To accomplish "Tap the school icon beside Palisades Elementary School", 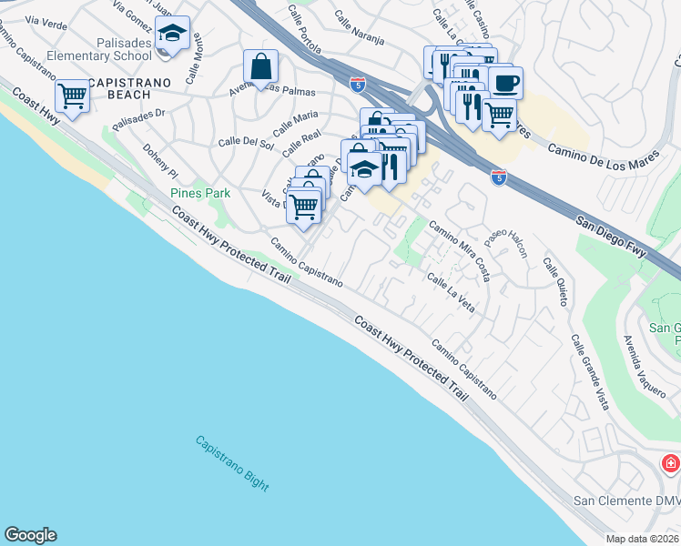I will tap(171, 35).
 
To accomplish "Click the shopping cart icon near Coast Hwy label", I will tap(72, 96).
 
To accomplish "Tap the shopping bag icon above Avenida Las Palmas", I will tap(260, 66).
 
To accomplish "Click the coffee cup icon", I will tap(505, 83).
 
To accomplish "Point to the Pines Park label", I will tap(200, 193).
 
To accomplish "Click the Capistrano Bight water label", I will tap(232, 463).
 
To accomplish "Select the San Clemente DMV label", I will tap(625, 501).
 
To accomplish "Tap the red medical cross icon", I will tap(671, 464).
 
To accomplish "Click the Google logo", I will tap(30, 535).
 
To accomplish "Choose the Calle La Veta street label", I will tap(451, 296).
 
